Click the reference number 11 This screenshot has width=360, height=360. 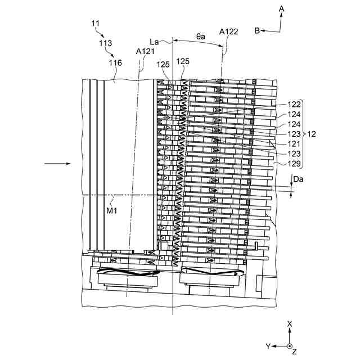[x=96, y=23]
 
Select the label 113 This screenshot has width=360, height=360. [x=105, y=43]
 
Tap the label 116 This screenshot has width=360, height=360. [x=115, y=63]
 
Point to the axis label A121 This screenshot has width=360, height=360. [x=146, y=51]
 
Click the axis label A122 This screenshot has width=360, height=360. [x=229, y=31]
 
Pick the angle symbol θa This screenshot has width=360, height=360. [x=201, y=36]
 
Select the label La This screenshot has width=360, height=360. [x=156, y=41]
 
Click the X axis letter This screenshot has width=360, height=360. [x=289, y=324]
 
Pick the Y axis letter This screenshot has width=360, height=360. [x=269, y=346]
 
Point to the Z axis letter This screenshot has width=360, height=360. [x=294, y=352]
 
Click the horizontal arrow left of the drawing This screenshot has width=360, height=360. [x=57, y=164]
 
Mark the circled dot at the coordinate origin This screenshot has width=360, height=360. [x=289, y=346]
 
